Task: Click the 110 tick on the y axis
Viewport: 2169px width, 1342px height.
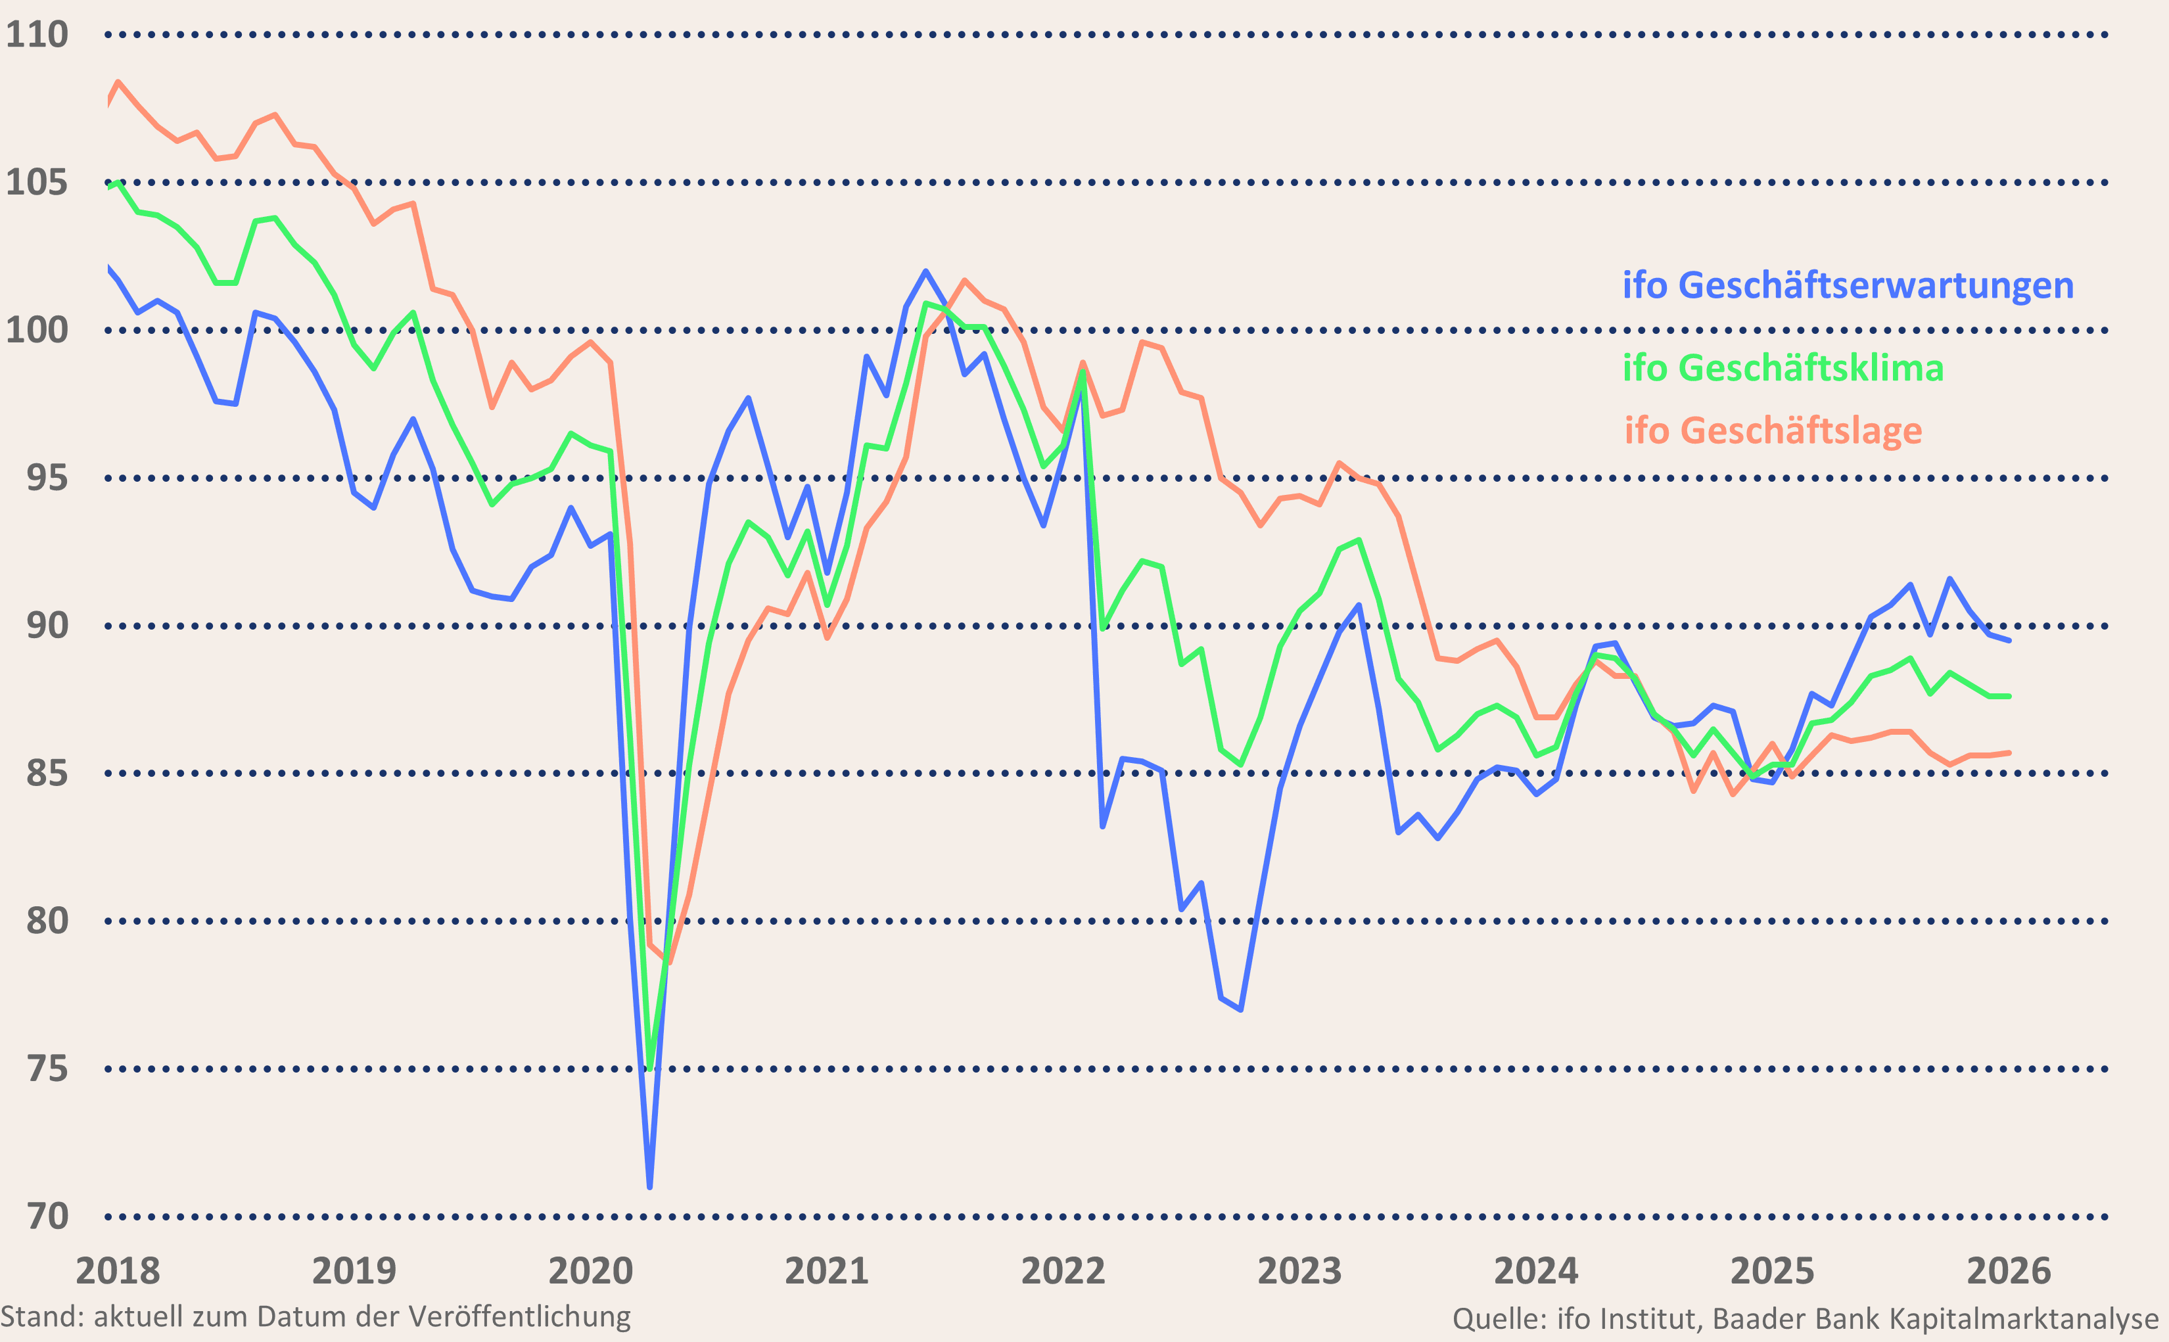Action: (x=37, y=35)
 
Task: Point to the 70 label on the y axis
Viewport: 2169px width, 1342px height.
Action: (x=48, y=1216)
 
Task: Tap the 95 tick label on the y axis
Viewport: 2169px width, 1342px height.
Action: (x=48, y=478)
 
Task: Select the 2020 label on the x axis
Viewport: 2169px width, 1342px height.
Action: (x=590, y=1271)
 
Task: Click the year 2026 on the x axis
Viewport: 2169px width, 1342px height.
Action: (x=2009, y=1271)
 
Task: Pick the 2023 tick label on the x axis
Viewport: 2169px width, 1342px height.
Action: (x=1299, y=1271)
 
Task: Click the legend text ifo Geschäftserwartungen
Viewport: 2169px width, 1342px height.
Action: (x=1848, y=286)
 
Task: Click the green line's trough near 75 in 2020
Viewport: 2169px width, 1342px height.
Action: (x=649, y=1068)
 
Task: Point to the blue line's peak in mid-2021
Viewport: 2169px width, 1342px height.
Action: (x=925, y=271)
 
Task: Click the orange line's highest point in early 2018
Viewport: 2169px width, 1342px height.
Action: (x=118, y=83)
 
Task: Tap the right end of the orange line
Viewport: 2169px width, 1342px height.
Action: (x=2009, y=752)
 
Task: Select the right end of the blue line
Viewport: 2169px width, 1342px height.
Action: (x=2009, y=640)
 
